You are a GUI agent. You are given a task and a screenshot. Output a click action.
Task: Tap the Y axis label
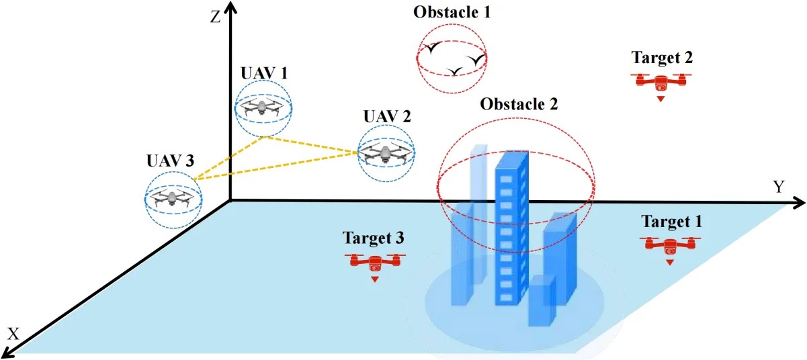click(779, 187)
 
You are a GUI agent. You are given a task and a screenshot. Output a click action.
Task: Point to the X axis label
click(12, 334)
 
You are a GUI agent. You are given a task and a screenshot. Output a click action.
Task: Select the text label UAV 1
click(264, 73)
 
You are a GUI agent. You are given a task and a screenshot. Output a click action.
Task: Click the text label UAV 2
click(386, 115)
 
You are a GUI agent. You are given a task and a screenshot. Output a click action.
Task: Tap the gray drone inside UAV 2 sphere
click(386, 154)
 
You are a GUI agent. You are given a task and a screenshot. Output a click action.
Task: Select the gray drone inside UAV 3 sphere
click(173, 197)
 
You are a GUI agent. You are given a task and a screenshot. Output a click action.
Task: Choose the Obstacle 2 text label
click(519, 104)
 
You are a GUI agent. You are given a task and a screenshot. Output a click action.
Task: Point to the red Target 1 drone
click(670, 245)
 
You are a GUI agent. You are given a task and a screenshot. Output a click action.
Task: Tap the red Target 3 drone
click(375, 263)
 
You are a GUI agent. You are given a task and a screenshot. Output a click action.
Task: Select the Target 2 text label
click(662, 58)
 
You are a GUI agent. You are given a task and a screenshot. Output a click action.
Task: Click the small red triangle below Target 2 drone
click(662, 99)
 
